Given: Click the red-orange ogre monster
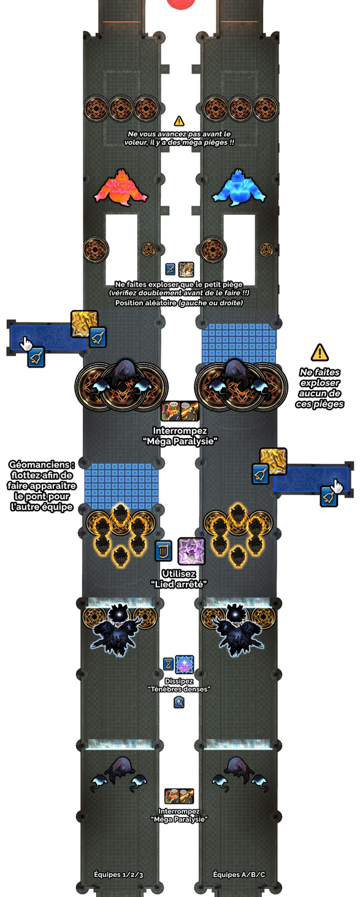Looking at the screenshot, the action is coord(121,188).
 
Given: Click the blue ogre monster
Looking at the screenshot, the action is coord(239,188).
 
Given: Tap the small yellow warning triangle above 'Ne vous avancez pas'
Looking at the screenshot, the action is coord(179,120).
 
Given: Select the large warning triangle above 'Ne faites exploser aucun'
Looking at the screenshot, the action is coord(320,352).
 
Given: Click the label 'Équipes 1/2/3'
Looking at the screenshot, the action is coord(118,874).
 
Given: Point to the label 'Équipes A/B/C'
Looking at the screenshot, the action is coord(239,874).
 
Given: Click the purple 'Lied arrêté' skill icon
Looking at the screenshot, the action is coord(191,552).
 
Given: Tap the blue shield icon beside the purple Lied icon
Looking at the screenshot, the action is coord(163,551).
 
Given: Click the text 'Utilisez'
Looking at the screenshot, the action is coord(178,574).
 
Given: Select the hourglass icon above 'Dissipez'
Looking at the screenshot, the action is coord(169,664).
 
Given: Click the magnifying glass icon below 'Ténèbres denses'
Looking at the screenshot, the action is coord(179,702).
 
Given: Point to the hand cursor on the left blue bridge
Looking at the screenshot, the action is coord(26,344).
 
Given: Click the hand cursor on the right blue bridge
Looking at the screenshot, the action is coord(337,486).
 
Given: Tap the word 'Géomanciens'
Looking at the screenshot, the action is coord(42,464).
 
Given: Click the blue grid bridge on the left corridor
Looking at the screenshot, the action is coord(121,486).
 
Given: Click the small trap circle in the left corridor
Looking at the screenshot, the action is coord(148,250).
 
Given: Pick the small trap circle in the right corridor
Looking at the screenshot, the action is coord(266,250).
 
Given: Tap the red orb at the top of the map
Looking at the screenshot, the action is coord(181,4).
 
